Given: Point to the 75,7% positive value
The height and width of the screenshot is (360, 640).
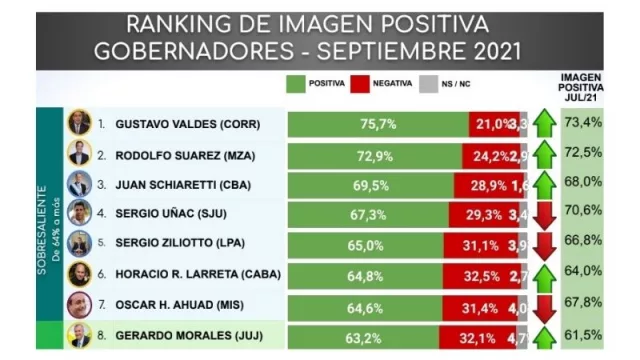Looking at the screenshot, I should pos(378,124).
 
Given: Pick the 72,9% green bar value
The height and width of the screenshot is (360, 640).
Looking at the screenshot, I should pos(374,155).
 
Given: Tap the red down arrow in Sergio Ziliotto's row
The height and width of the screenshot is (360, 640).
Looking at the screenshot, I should pos(545,246).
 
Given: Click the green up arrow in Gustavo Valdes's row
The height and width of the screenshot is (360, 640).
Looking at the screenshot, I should pos(545,124).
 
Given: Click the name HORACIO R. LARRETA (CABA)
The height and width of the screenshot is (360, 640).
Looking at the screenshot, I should pos(199,276).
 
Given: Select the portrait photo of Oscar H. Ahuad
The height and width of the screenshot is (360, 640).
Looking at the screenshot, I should pos(79,306).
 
